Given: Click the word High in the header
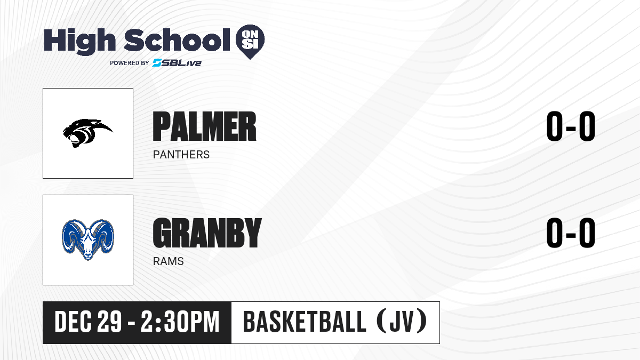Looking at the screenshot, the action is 79,41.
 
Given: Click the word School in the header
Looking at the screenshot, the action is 177,40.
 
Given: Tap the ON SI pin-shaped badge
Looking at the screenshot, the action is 250,42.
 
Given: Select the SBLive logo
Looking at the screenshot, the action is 177,62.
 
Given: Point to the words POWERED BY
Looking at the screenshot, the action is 130,63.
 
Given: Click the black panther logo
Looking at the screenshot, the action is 87,133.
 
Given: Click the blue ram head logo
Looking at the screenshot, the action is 88,239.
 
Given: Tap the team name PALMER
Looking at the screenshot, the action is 205,126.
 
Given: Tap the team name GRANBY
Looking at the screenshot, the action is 207,233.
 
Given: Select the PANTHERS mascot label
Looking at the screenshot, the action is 181,155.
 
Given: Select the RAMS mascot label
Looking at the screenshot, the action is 169,261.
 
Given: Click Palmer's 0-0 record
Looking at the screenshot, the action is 571,126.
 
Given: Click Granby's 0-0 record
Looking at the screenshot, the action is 571,233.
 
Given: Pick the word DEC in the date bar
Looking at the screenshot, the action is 73,322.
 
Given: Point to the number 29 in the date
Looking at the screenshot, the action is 110,322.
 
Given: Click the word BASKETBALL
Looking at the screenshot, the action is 305,322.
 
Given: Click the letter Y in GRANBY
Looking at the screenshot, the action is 252,233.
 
